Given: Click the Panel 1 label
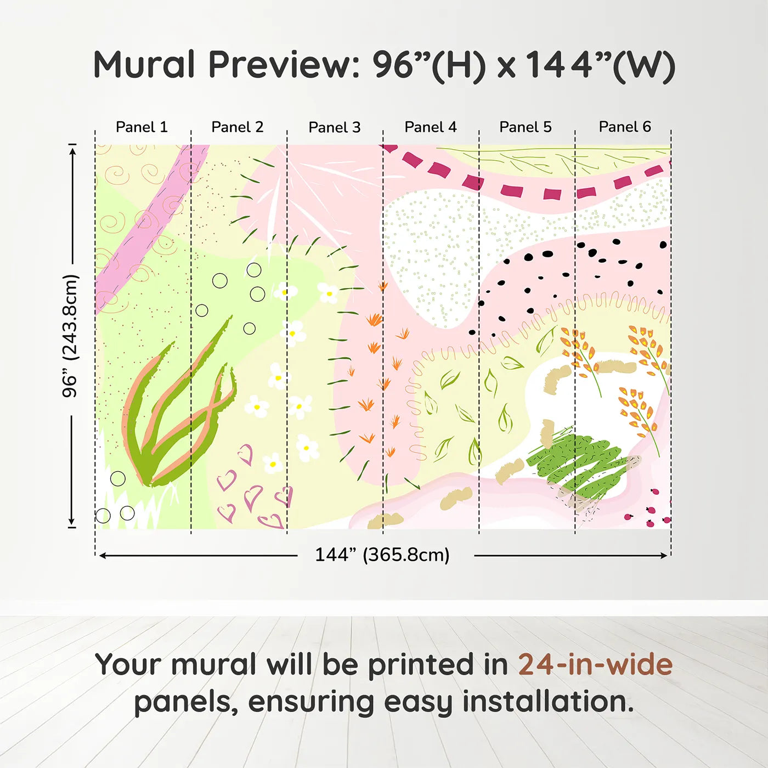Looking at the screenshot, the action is click(142, 127).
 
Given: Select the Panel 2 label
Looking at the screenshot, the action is click(237, 127).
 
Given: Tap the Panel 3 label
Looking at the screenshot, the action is click(335, 127).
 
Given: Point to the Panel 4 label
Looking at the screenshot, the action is click(431, 127).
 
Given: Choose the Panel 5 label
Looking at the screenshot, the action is click(526, 127).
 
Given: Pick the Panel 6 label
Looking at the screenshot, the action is click(624, 127).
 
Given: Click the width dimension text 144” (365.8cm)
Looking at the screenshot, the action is click(382, 555).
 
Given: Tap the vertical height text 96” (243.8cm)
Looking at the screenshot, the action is click(70, 336).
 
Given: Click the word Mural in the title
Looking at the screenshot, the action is click(144, 65).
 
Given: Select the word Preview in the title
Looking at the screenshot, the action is click(284, 65).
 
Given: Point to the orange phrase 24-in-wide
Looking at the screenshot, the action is click(595, 664).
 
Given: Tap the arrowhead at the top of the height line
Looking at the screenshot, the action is click(72, 150).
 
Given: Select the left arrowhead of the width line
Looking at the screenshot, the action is click(103, 556).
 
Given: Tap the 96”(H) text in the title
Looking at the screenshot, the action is click(429, 65).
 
